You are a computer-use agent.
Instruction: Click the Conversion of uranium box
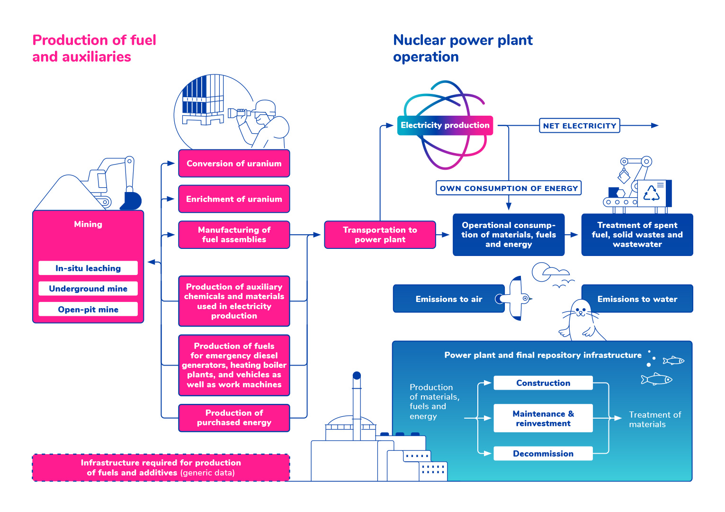coord(234,164)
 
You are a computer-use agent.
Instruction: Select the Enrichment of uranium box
coord(234,199)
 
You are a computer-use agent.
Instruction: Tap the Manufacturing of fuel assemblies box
coord(234,235)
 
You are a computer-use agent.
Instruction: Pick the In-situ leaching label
coord(88,268)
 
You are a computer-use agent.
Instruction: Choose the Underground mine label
coord(88,288)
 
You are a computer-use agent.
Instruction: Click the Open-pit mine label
coord(88,309)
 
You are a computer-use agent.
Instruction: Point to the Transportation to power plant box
coord(380,235)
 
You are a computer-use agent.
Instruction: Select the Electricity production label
coord(445,126)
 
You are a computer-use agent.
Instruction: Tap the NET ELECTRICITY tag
coord(580,126)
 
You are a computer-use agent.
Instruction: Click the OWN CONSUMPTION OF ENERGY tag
coord(509,188)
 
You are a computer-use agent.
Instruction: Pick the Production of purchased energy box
coord(234,418)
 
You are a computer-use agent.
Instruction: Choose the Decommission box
coord(543,453)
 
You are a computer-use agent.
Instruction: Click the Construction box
coord(543,383)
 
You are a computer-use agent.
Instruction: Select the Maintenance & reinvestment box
coord(543,418)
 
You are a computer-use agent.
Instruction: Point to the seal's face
coord(581,311)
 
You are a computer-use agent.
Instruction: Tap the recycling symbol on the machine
coord(651,193)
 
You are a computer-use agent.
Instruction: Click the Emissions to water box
coord(637,299)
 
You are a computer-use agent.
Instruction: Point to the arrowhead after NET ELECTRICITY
coord(654,126)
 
